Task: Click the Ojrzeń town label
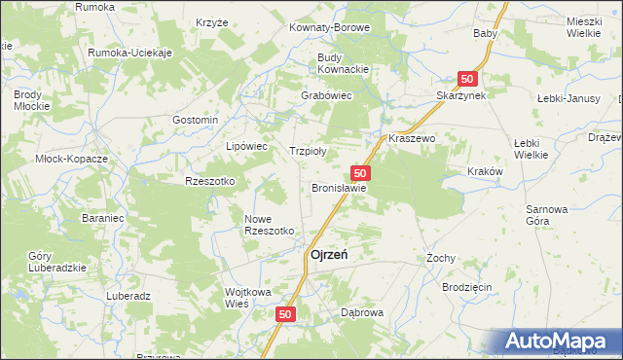[330, 255]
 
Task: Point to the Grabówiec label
[326, 96]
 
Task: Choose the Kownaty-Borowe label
[329, 27]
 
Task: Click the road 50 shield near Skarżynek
[468, 78]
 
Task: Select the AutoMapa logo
[560, 341]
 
